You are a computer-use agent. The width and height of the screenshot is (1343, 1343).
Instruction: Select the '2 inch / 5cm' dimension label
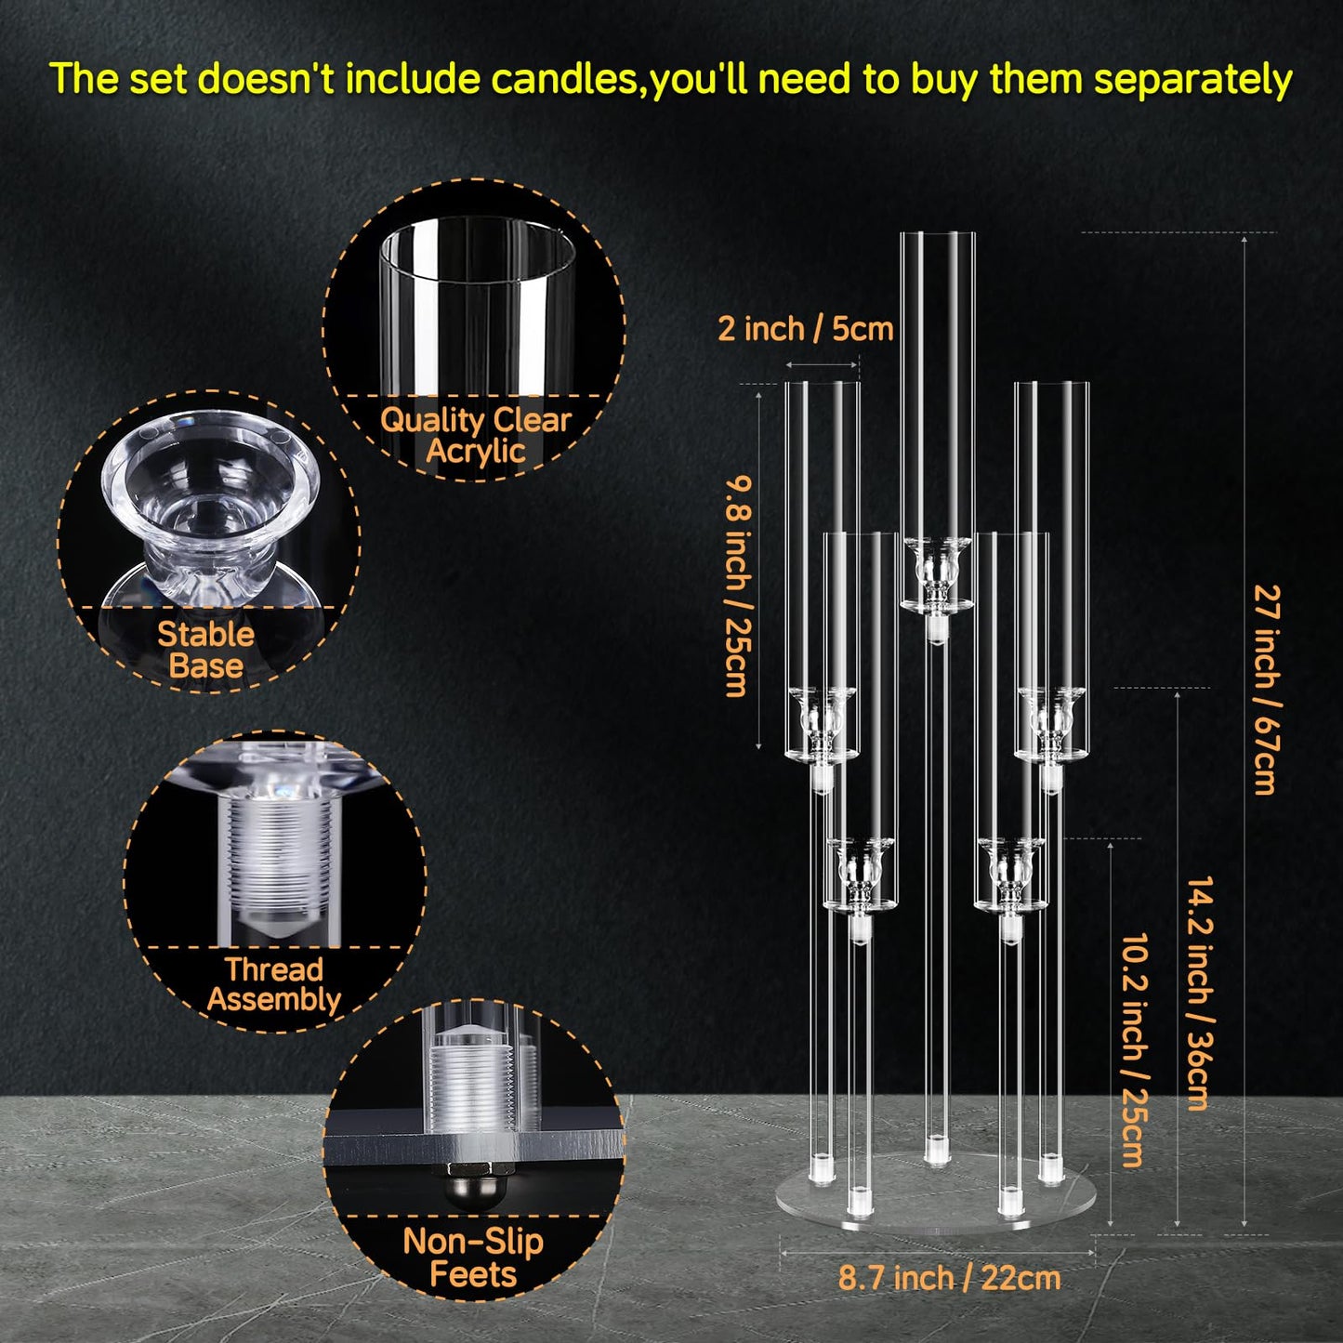pyautogui.click(x=806, y=329)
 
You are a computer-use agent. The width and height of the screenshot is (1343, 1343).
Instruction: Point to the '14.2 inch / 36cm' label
pyautogui.click(x=1200, y=993)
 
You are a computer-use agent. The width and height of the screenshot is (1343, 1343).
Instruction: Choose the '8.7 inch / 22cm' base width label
pyautogui.click(x=949, y=1278)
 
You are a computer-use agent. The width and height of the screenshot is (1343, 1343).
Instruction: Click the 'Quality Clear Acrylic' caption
pyautogui.click(x=475, y=435)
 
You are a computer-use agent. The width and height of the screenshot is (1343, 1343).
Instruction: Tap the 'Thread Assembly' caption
pyautogui.click(x=274, y=984)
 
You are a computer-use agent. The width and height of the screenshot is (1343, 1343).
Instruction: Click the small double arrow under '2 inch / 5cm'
pyautogui.click(x=822, y=364)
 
